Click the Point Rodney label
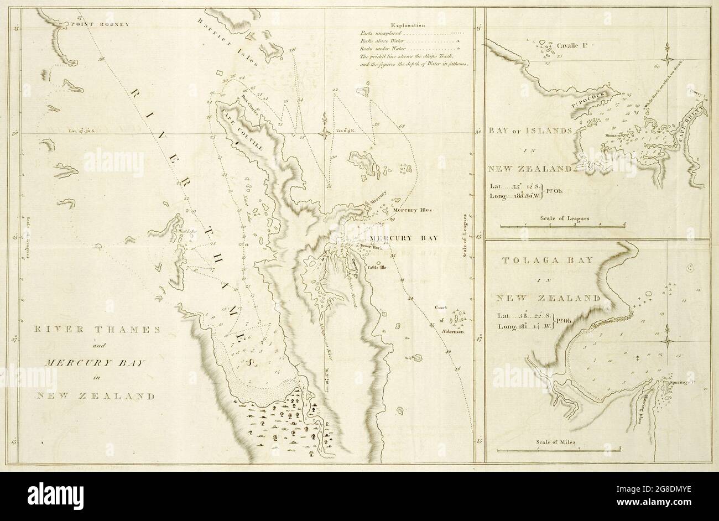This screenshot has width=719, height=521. click(107, 24)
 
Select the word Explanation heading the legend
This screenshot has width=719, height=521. click(407, 25)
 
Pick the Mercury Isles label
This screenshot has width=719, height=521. click(407, 210)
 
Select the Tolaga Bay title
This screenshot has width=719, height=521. click(549, 259)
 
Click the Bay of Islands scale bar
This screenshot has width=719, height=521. click(562, 226)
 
